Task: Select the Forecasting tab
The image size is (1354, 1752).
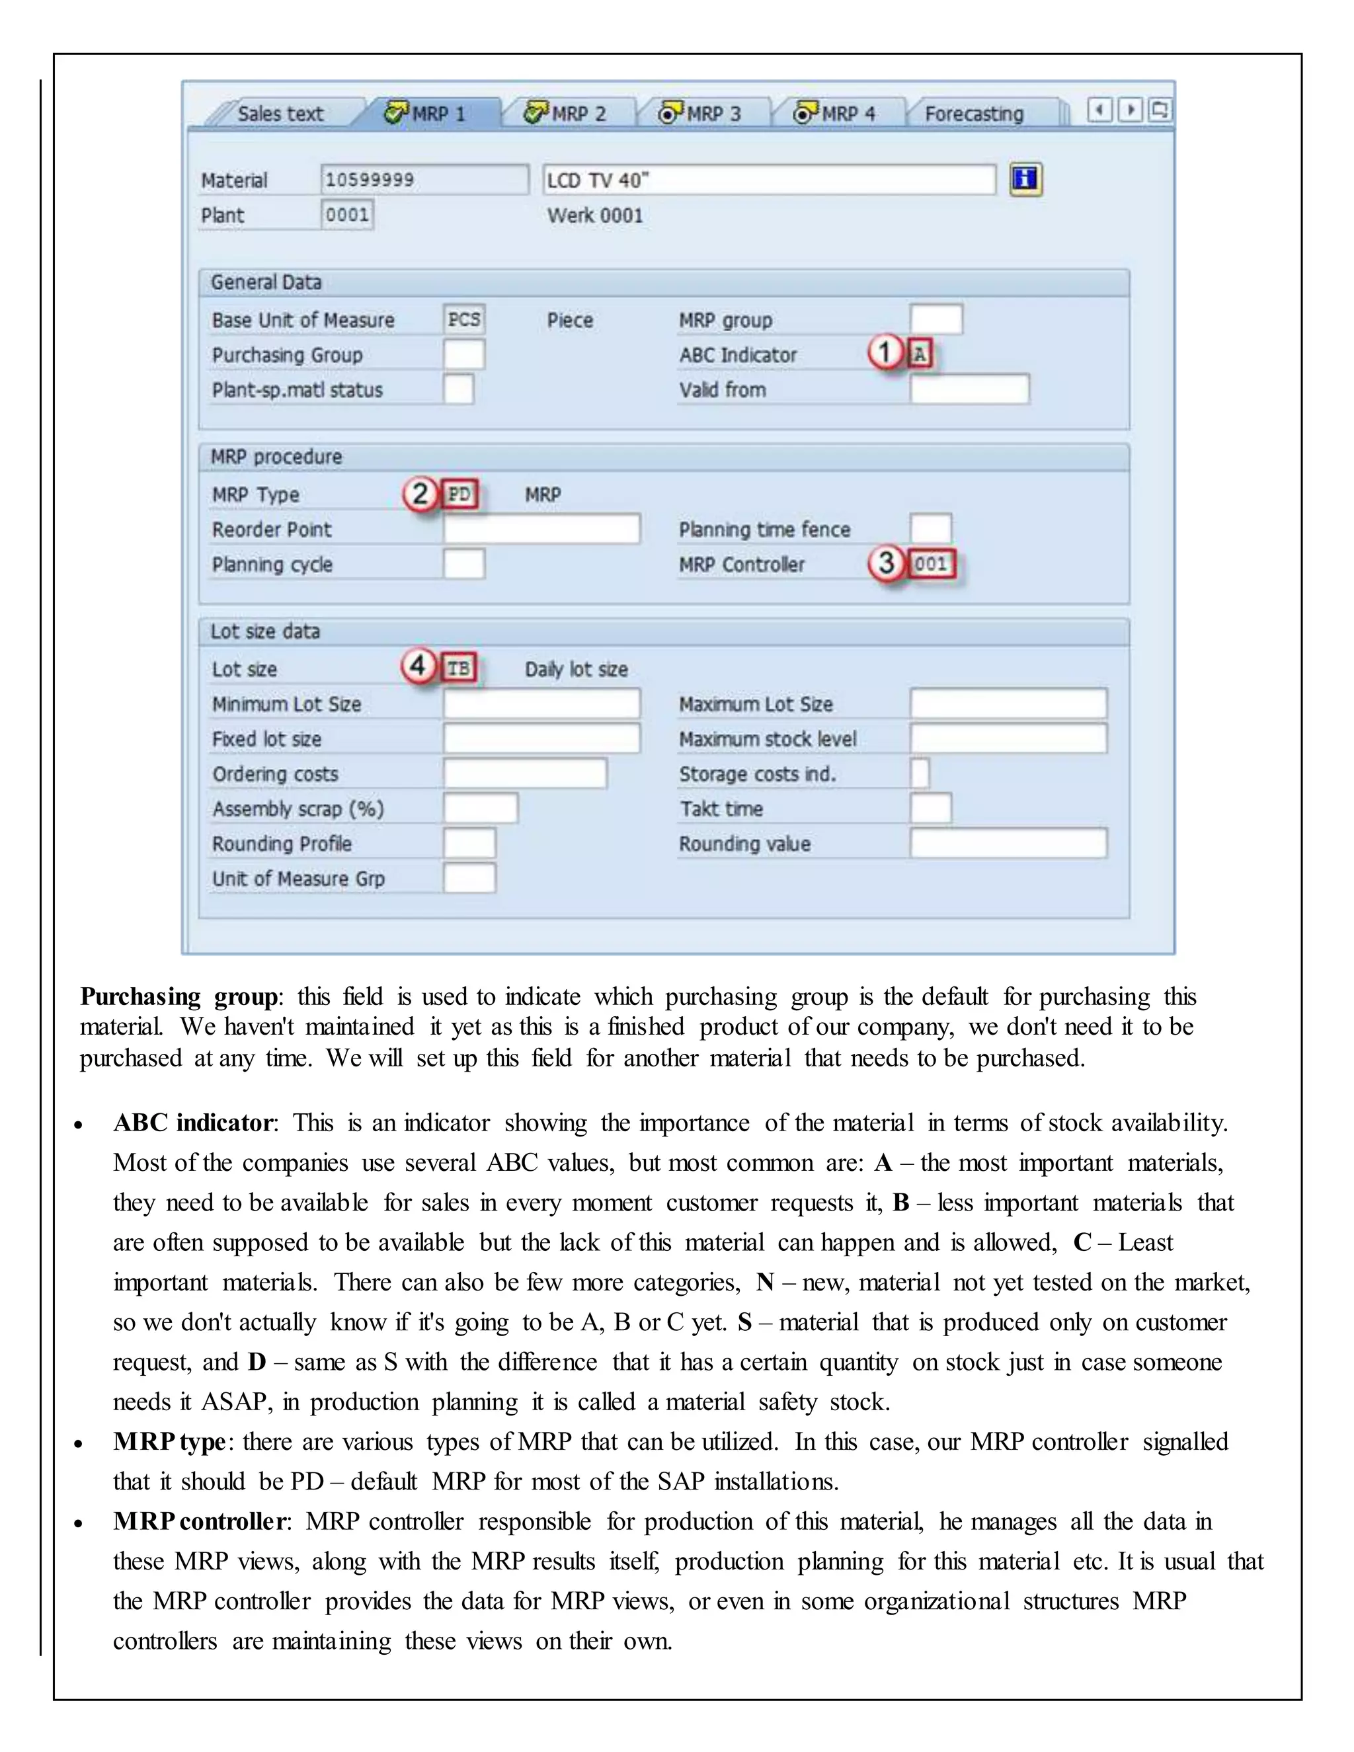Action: click(x=974, y=114)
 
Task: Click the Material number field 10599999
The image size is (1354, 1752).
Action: click(x=424, y=180)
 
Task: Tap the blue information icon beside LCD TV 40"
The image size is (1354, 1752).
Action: click(x=1025, y=179)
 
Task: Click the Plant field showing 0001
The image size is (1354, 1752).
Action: click(x=347, y=215)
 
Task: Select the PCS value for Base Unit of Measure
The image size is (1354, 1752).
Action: click(x=463, y=319)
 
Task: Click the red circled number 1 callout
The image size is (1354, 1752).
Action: click(x=885, y=352)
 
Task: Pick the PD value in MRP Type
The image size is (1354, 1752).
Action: click(x=459, y=494)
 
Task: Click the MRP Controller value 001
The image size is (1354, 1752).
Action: click(x=932, y=564)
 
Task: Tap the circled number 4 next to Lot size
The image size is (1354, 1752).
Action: click(x=418, y=666)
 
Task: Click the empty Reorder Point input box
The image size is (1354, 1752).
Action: click(x=541, y=530)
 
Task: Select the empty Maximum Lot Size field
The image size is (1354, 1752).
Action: click(x=1008, y=703)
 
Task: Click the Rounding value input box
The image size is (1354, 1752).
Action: click(x=1008, y=843)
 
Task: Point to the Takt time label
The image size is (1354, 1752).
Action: click(x=721, y=809)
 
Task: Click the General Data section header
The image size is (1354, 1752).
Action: click(x=266, y=282)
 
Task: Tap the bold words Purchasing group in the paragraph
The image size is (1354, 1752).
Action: click(x=180, y=996)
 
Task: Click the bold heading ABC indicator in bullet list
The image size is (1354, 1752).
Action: click(x=193, y=1123)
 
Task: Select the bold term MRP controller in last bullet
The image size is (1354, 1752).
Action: click(x=200, y=1521)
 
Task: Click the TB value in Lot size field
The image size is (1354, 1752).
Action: click(x=459, y=668)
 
